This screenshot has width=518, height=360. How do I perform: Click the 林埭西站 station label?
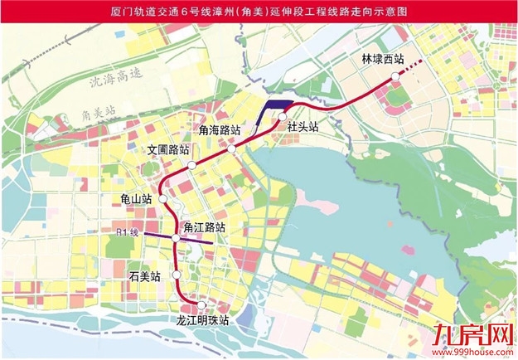(x=382, y=60)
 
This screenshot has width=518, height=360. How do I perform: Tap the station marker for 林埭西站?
(x=396, y=75)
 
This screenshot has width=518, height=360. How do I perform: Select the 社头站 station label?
(x=303, y=127)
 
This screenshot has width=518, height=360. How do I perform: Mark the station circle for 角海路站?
(x=233, y=149)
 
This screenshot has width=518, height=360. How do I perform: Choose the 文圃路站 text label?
(x=168, y=151)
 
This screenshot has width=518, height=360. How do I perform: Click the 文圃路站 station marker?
(x=191, y=166)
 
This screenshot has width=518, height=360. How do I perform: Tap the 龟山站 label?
(x=134, y=199)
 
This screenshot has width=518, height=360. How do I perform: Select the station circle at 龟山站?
(x=164, y=200)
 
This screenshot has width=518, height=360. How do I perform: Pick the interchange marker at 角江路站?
(x=176, y=239)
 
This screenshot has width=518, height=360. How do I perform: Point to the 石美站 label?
(x=145, y=273)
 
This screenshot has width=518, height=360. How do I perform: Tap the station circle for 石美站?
(x=177, y=275)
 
